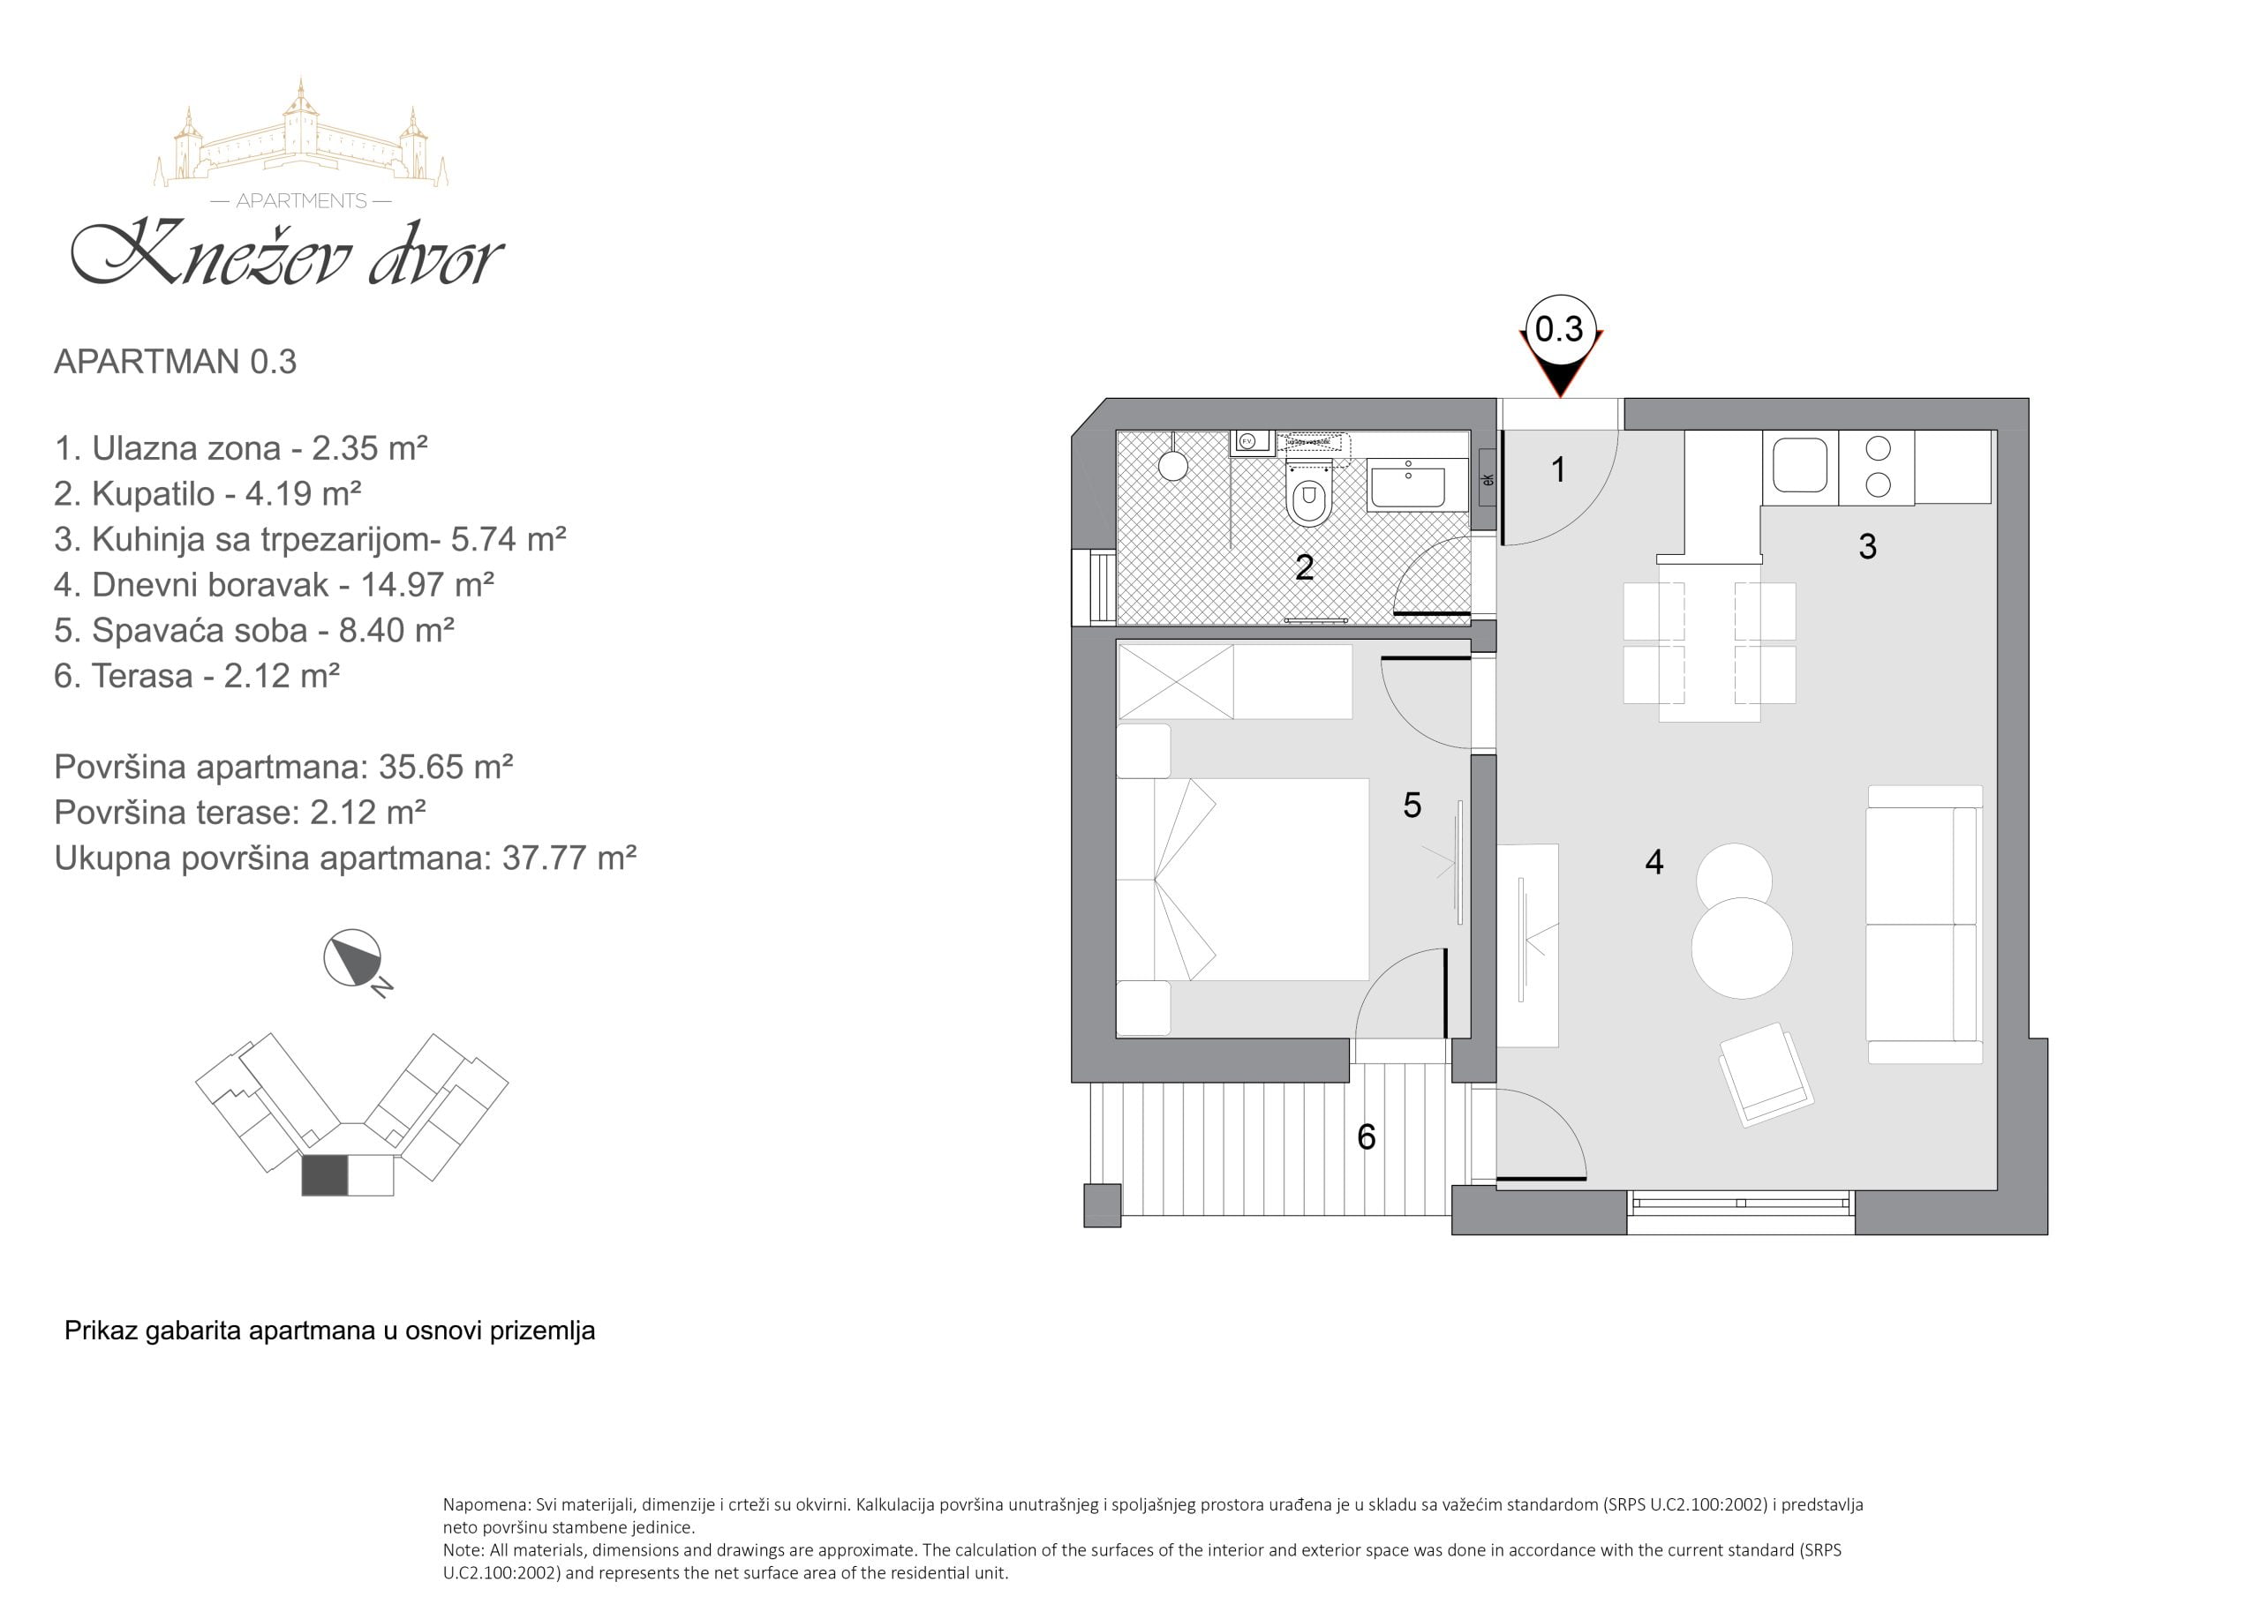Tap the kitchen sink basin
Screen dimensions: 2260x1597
point(1800,464)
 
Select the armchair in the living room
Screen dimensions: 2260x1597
point(1765,1075)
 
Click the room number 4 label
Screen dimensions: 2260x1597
point(1654,862)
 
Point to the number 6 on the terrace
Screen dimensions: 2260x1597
point(1367,1136)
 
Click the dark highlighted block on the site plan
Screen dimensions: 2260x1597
point(325,1176)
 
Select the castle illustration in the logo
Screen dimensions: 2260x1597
point(301,134)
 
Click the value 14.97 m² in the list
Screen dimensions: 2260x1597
point(427,584)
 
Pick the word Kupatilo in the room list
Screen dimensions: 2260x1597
point(153,494)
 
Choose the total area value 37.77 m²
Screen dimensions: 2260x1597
point(569,858)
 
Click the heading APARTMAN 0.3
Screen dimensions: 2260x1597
point(175,362)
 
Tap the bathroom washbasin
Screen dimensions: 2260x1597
point(1407,484)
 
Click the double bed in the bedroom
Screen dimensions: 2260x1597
point(1242,880)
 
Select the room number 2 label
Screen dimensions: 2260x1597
point(1304,567)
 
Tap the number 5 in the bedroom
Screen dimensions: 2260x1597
point(1412,806)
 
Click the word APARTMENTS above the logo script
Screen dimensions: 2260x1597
point(301,201)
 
